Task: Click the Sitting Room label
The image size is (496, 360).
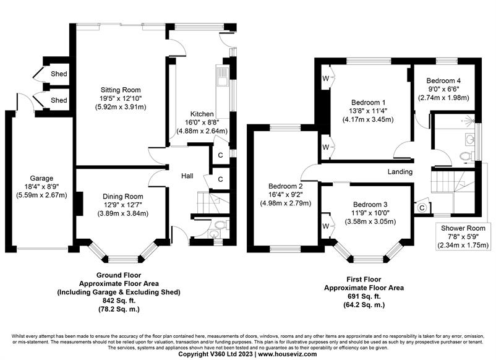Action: point(121,90)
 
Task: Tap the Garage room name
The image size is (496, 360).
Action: point(41,178)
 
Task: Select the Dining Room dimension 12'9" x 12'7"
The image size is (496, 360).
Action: point(122,205)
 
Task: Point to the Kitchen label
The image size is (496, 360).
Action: point(202,114)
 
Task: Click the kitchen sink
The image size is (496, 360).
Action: point(221,77)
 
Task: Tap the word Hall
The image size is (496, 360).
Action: point(187,176)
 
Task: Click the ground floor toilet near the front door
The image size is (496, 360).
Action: point(221,225)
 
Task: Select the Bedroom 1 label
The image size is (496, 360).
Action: point(368,103)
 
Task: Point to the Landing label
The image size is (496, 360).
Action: point(400,171)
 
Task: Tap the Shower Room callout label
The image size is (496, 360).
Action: point(463,228)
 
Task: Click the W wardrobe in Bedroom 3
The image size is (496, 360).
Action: point(326,226)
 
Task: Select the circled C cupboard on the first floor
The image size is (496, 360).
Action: point(422,208)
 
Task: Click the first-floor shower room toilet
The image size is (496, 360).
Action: point(466,156)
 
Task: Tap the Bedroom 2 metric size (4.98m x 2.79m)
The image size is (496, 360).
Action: point(286,203)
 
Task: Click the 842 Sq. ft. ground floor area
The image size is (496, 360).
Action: point(119,301)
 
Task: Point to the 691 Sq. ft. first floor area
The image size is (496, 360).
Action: point(364,296)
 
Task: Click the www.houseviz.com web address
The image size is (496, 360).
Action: point(287,354)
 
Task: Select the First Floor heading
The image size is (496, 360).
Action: point(364,280)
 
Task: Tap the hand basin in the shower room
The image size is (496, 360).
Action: point(469,138)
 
